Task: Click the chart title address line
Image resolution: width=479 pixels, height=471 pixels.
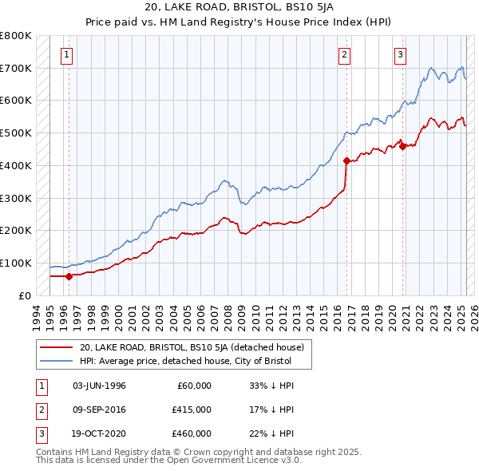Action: coord(239,9)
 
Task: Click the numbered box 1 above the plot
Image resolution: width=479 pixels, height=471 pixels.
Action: coord(66,55)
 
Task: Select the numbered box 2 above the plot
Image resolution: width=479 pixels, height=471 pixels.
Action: coord(344,55)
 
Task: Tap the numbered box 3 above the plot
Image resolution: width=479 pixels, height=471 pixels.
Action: coord(400,55)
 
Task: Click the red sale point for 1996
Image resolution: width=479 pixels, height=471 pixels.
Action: coord(69,276)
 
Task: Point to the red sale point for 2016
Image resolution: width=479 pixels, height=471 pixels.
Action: coord(346,160)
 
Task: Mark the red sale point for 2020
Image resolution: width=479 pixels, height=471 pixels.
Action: coord(403,146)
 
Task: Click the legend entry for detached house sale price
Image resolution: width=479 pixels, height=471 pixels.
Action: coord(192,347)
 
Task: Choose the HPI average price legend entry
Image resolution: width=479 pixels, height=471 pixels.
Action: coord(185,362)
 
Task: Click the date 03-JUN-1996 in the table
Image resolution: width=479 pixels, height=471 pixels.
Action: coord(99,386)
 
